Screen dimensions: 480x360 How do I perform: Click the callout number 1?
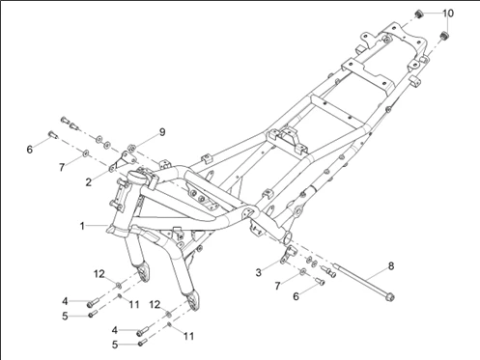click(x=82, y=226)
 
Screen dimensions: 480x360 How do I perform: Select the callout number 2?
click(x=89, y=182)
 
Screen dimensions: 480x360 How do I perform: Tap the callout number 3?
click(x=259, y=273)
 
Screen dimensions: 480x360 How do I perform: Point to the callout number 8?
click(x=391, y=266)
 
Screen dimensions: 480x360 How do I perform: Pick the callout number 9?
click(x=162, y=132)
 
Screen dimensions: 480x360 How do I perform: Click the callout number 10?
click(x=448, y=14)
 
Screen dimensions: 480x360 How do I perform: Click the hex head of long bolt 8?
click(x=390, y=297)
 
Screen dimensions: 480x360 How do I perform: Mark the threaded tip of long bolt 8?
click(x=336, y=265)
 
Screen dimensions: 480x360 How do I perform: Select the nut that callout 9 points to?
click(x=131, y=148)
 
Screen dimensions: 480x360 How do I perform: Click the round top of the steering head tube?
click(x=136, y=176)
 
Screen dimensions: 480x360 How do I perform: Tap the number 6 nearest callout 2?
click(x=30, y=150)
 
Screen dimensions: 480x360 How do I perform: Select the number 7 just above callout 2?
click(x=62, y=167)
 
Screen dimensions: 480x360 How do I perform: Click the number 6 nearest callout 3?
click(x=296, y=296)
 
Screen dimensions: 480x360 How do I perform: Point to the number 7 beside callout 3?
click(x=277, y=286)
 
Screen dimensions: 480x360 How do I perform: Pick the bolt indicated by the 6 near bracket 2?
click(x=52, y=135)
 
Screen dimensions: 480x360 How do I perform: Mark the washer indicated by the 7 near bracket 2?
click(x=86, y=153)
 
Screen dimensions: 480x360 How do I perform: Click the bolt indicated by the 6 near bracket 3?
click(x=320, y=282)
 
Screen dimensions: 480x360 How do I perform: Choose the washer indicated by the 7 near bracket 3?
click(x=302, y=272)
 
